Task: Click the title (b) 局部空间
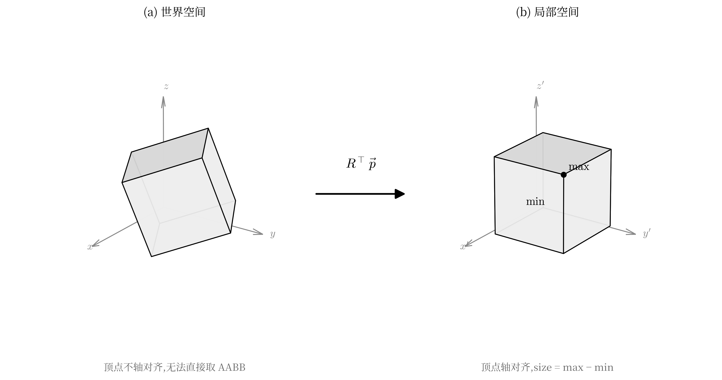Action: pyautogui.click(x=547, y=12)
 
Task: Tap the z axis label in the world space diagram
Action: pyautogui.click(x=166, y=86)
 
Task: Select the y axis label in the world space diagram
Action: pyautogui.click(x=273, y=234)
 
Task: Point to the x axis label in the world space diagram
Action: pyautogui.click(x=90, y=247)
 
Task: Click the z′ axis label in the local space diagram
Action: pyautogui.click(x=540, y=86)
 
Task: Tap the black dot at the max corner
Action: pyautogui.click(x=564, y=175)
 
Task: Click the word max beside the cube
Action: pyautogui.click(x=579, y=167)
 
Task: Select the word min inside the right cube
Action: pyautogui.click(x=535, y=202)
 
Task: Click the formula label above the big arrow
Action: pyautogui.click(x=361, y=164)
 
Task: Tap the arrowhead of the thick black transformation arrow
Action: pyautogui.click(x=400, y=194)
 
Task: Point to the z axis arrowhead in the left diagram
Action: pyautogui.click(x=163, y=101)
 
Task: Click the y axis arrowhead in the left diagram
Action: pyautogui.click(x=258, y=232)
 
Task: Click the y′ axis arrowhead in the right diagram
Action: pyautogui.click(x=631, y=232)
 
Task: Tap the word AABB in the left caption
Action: pyautogui.click(x=231, y=367)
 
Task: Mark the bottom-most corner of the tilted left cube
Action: pyautogui.click(x=151, y=256)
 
